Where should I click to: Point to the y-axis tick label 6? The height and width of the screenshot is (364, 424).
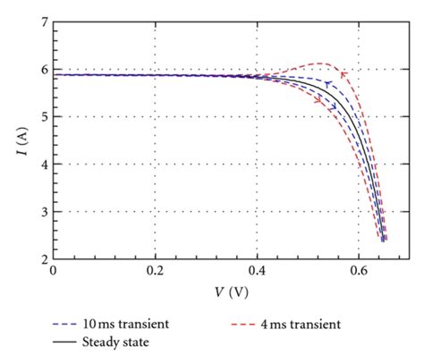[42, 69]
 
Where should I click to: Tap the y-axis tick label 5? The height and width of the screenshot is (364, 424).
[42, 116]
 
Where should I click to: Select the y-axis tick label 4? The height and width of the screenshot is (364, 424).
[42, 165]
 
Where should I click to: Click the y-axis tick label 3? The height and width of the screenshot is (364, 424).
[42, 212]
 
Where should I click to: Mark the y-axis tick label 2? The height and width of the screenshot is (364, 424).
[42, 259]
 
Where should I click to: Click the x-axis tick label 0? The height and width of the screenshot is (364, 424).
[54, 271]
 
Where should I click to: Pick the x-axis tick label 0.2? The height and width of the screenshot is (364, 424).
[155, 271]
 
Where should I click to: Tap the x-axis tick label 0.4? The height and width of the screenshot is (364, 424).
[257, 271]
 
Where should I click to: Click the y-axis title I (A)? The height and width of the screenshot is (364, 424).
[15, 140]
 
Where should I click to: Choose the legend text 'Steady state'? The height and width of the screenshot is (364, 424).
[115, 341]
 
